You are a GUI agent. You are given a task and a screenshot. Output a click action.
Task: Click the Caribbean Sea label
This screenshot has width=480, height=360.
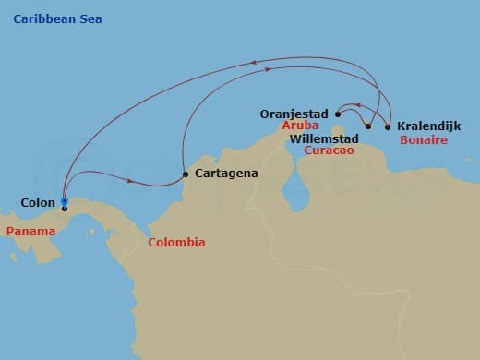[58, 18]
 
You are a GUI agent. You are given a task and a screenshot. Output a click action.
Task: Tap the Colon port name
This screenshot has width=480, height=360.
[38, 200]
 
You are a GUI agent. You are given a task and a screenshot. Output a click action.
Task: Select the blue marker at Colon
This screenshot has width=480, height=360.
[64, 200]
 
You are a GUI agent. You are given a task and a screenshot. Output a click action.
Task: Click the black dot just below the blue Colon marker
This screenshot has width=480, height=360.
[65, 209]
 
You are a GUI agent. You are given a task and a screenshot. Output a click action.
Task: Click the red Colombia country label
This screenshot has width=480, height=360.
[176, 243]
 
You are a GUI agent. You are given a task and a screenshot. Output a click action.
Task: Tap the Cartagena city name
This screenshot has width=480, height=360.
[226, 173]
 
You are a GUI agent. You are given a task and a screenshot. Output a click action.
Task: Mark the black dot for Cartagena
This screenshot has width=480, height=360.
[186, 174]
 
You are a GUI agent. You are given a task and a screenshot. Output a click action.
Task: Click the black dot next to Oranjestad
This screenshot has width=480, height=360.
[339, 115]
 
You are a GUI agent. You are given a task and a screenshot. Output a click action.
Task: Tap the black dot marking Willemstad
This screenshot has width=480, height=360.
[368, 126]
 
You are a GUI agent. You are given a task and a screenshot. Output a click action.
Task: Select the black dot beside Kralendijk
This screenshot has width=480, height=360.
[388, 126]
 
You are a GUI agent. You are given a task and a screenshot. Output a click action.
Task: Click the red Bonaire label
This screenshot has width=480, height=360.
[424, 140]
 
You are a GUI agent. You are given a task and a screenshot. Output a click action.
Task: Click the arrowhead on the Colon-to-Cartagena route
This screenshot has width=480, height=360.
[130, 181]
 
